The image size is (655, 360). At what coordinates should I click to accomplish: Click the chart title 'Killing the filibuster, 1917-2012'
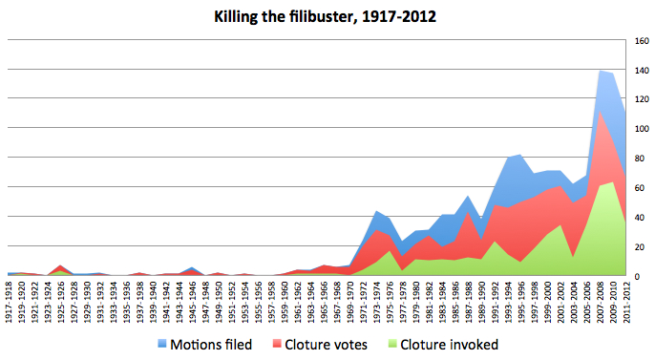tap(327, 16)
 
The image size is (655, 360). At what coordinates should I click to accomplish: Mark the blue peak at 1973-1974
tap(378, 212)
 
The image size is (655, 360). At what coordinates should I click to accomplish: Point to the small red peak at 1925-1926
tap(62, 266)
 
